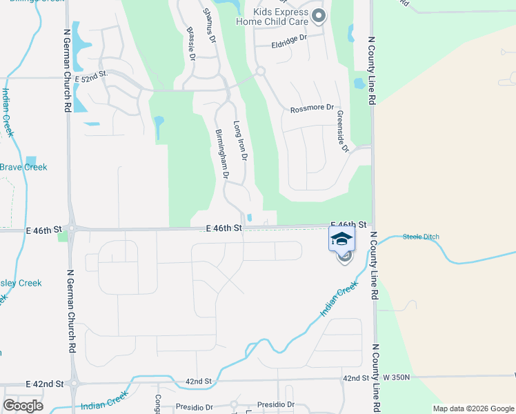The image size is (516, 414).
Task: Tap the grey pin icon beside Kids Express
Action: pos(317,15)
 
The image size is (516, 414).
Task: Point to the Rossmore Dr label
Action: pos(312,108)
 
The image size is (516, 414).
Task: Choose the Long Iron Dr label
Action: pos(239,141)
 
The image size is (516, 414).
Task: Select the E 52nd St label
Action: pos(94,74)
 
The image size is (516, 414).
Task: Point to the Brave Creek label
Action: pos(23,167)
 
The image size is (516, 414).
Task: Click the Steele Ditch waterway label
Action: pos(421,237)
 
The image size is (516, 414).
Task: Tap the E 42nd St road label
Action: pos(44,383)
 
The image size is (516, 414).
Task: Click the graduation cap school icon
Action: pos(342,240)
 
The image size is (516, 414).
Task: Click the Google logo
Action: pos(23,405)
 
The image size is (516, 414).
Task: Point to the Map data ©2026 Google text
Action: pos(473,408)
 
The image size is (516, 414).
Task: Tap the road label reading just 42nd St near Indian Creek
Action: pos(198,381)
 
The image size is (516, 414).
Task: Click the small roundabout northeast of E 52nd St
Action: pos(261,71)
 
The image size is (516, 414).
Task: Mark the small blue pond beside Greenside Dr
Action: pos(359,83)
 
